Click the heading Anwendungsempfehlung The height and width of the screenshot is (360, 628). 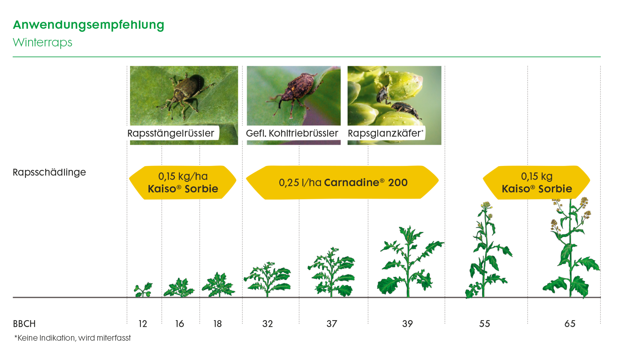pos(88,25)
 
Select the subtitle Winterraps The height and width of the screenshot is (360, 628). pos(42,42)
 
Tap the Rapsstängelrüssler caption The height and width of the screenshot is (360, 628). pos(171,133)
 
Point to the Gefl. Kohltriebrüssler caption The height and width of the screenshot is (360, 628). pos(292,133)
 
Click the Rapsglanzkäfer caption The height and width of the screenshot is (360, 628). pos(385,133)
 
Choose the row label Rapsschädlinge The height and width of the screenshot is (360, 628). pos(49,172)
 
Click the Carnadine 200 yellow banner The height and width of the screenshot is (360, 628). pos(343,182)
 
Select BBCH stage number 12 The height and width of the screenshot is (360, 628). pos(143,324)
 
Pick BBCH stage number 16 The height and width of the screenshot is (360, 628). pos(180,324)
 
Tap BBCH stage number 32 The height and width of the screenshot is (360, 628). pos(267,324)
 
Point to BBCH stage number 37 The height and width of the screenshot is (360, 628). pos(331,324)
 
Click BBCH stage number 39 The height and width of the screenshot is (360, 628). pos(408,324)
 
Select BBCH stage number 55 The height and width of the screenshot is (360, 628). pos(484,324)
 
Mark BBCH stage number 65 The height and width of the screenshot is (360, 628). pos(570,324)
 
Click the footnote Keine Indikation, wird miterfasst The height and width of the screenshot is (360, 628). pos(73,338)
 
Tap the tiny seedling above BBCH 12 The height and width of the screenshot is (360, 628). pos(143,290)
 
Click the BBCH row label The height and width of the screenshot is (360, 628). pos(24,324)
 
